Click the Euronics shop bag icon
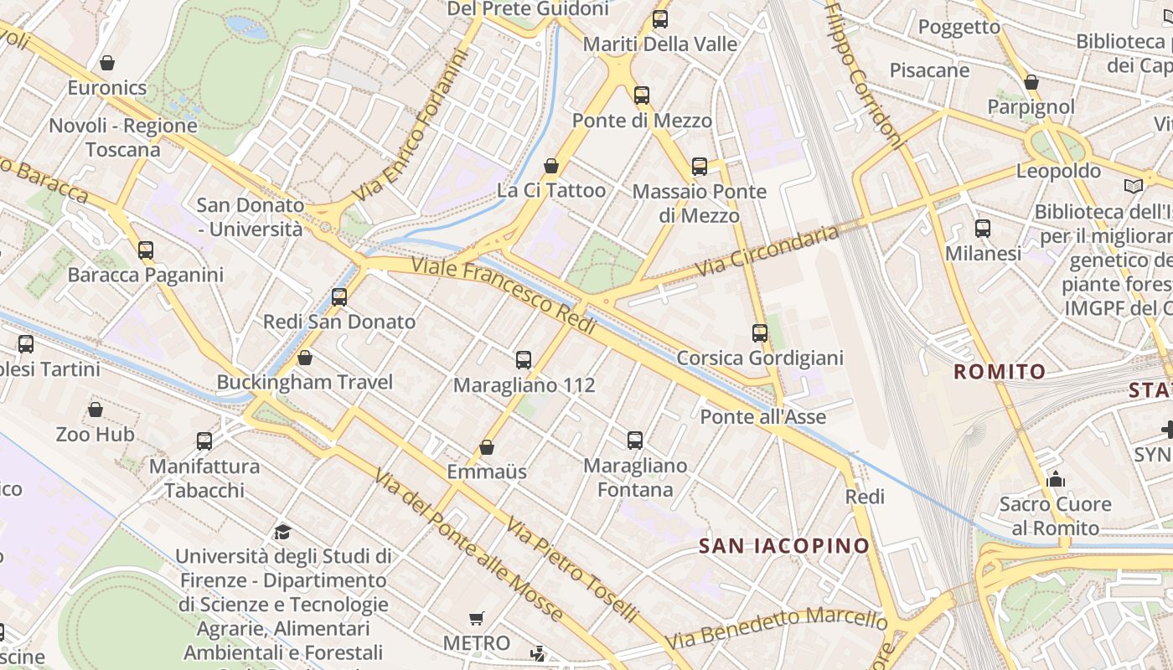tap(107, 63)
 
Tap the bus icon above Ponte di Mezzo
tap(642, 95)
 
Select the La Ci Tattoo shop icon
tap(551, 166)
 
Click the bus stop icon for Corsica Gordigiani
tap(760, 333)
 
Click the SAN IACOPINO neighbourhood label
tap(784, 546)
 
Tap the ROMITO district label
tap(1000, 371)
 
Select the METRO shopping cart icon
tap(477, 619)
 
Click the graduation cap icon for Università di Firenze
tap(282, 532)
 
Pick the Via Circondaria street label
tap(767, 251)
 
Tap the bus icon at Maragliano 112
tap(524, 360)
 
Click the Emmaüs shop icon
tap(487, 447)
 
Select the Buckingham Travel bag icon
tap(305, 358)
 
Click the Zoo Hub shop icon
tap(96, 410)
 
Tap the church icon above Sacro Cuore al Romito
tap(1056, 480)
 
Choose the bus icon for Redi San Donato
tap(339, 297)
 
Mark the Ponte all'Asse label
tap(763, 416)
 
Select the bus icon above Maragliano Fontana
tap(635, 441)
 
